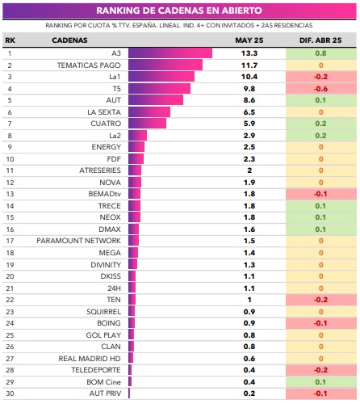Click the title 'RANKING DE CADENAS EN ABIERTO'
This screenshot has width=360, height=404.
coord(179,11)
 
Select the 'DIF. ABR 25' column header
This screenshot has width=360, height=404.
coord(320,40)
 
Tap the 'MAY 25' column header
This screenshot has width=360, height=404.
coord(249,40)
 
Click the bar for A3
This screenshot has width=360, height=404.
coord(170,53)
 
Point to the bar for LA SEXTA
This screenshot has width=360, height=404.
coord(149,112)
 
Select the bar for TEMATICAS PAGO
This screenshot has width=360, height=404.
coord(165,65)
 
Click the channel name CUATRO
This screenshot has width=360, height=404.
coord(106,124)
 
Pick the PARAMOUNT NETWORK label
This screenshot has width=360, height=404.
coord(79,241)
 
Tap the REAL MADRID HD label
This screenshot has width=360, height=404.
coord(90,359)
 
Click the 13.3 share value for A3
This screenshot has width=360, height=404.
coord(249,53)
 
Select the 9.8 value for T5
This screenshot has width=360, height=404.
coord(249,89)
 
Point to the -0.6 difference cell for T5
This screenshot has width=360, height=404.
coord(321,89)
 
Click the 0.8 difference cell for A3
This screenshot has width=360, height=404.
coord(321,53)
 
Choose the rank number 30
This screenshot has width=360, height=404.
coord(10,393)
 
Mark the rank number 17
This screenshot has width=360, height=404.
coord(10,241)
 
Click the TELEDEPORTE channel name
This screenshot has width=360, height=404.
coord(96,370)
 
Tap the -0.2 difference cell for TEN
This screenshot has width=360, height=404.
coord(321,300)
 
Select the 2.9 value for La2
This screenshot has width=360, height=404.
coord(249,136)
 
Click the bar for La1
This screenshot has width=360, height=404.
coord(161,77)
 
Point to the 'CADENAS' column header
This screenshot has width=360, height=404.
coord(69,40)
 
